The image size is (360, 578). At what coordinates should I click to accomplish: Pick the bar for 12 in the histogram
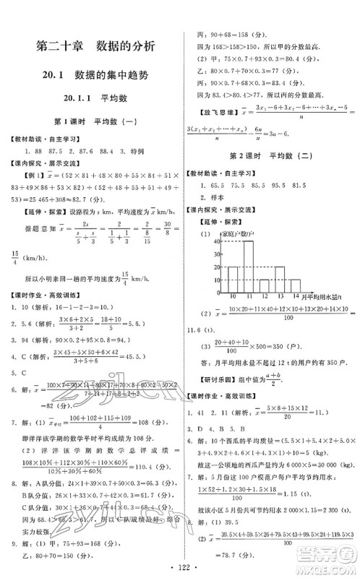265,284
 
